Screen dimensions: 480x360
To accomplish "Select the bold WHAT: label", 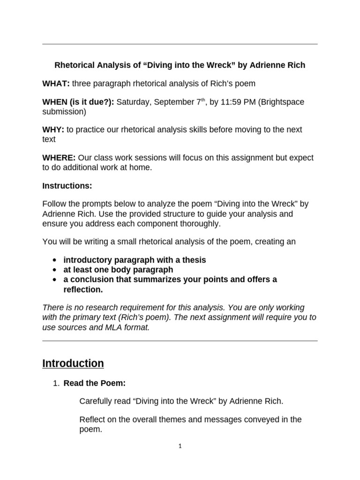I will point(56,83).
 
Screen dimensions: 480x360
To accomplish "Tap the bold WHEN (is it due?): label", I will point(78,102).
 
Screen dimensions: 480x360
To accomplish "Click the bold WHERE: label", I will point(59,157).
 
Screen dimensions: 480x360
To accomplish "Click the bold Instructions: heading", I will point(67,186).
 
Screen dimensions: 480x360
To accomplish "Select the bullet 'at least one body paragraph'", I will point(118,270).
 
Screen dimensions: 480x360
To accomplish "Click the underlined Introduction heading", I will point(73,363).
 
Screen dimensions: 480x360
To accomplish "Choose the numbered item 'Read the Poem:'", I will point(94,383).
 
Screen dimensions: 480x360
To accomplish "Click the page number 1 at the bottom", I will point(180,446).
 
